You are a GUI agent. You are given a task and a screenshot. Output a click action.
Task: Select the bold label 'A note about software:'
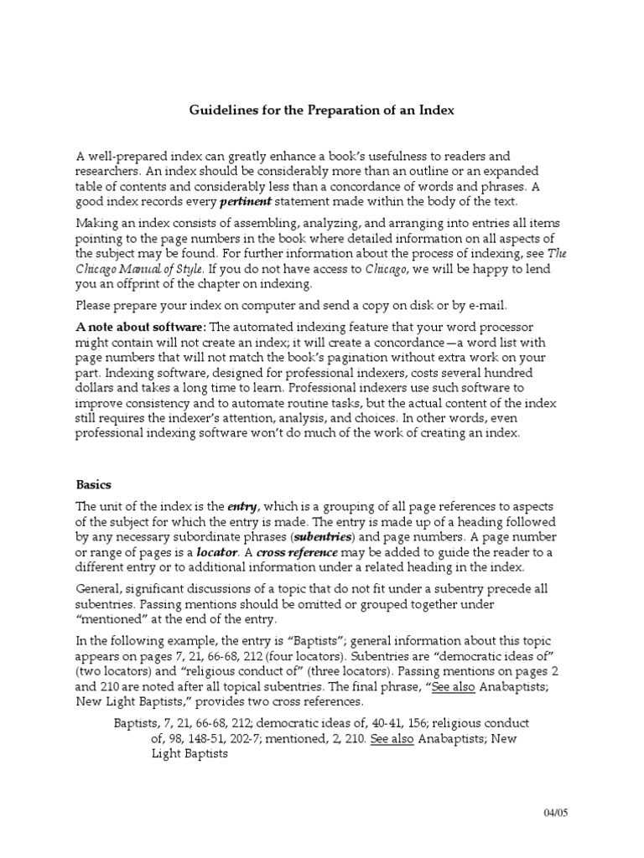(x=140, y=326)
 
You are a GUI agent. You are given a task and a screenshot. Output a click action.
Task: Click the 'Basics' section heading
(x=93, y=484)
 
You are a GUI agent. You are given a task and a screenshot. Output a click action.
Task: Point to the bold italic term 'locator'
(x=217, y=553)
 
